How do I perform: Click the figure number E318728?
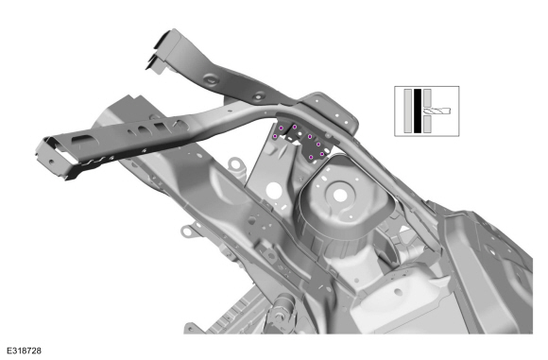point(25,351)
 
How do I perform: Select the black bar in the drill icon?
point(418,111)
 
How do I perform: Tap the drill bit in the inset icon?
point(437,111)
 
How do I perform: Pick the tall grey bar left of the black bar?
point(408,111)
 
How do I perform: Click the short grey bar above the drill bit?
point(427,98)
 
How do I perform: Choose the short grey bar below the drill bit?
point(427,124)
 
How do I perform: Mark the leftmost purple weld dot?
point(275,136)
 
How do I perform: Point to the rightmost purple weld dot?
point(322,154)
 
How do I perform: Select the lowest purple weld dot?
point(311,158)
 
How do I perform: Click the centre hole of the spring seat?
point(340,196)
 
